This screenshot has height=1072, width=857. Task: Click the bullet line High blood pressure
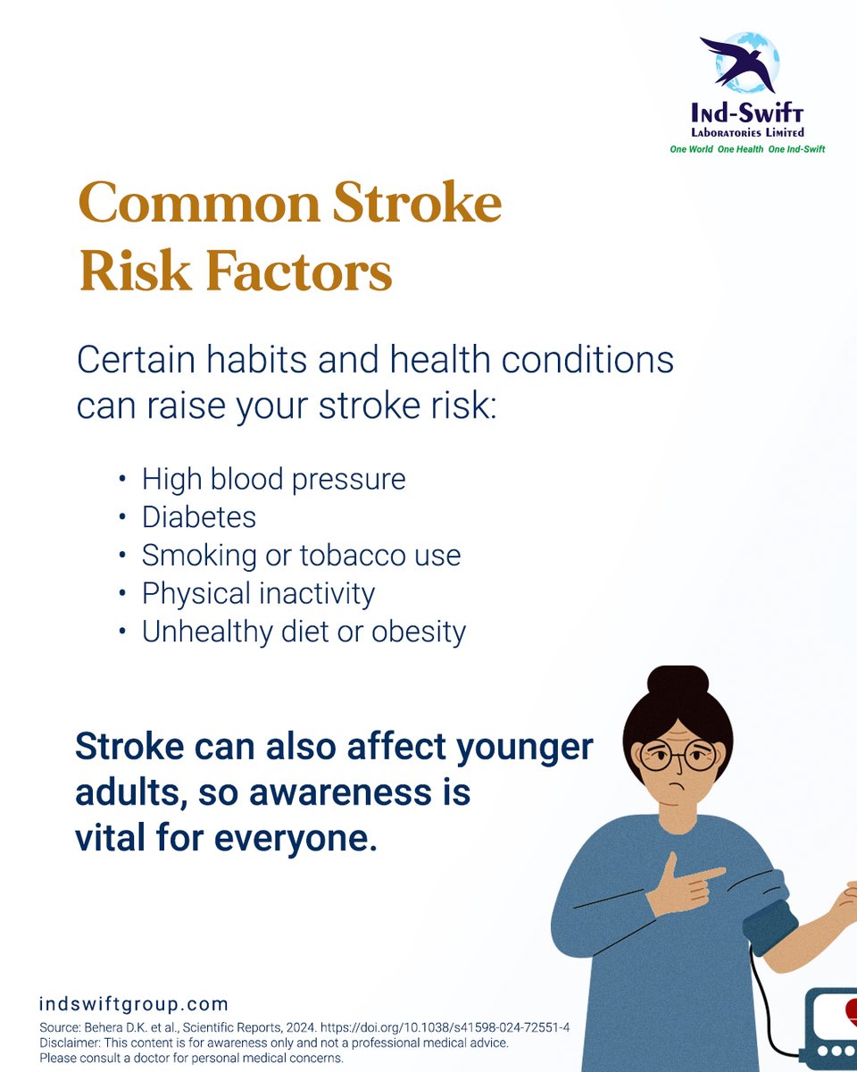pyautogui.click(x=273, y=480)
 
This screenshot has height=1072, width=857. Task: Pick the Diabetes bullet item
pyautogui.click(x=198, y=517)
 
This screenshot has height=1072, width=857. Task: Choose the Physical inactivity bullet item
pyautogui.click(x=258, y=594)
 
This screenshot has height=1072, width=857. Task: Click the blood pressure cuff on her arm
pyautogui.click(x=770, y=928)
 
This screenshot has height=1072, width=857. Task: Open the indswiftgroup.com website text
pyautogui.click(x=134, y=1005)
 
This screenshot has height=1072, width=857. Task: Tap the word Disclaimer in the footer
pyautogui.click(x=71, y=1043)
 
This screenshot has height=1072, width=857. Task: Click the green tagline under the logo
pyautogui.click(x=747, y=149)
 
